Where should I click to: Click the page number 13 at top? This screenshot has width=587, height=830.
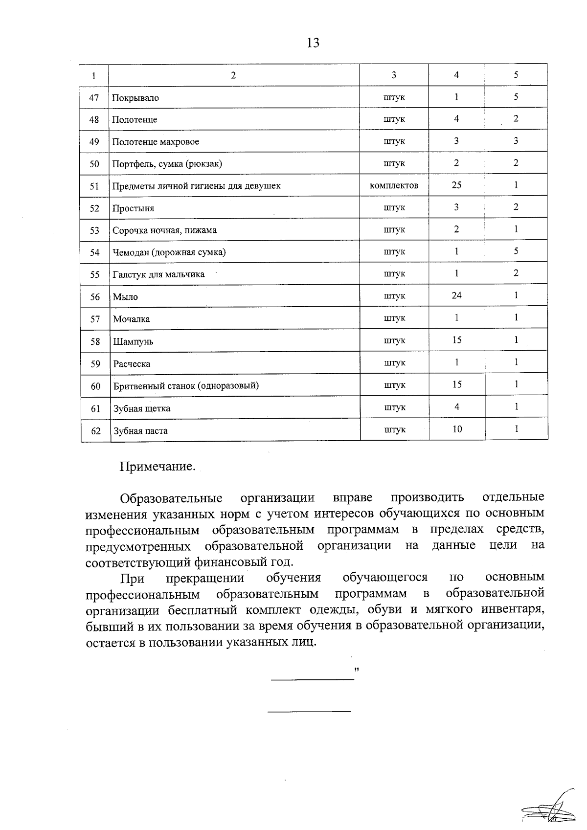313,43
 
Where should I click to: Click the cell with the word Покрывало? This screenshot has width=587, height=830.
135,98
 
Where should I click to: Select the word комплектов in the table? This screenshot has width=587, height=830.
394,185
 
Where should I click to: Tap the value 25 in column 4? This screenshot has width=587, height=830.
456,185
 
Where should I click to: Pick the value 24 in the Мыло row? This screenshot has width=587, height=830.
456,295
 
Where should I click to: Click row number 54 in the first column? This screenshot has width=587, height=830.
94,252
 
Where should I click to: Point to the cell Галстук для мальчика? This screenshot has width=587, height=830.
158,274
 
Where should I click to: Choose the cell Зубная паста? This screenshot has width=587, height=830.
140,431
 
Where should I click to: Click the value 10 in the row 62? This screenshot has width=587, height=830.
457,429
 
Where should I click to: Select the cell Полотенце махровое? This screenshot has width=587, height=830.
156,142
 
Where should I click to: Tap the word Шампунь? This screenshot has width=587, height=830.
133,341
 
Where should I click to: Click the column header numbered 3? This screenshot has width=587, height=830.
394,75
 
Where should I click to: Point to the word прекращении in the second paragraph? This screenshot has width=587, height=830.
205,578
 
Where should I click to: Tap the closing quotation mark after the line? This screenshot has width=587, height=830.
357,668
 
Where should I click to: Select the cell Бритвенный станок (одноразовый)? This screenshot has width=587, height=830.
186,386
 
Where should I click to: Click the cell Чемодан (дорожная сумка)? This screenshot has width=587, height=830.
169,252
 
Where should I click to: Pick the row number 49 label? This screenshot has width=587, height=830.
94,142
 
